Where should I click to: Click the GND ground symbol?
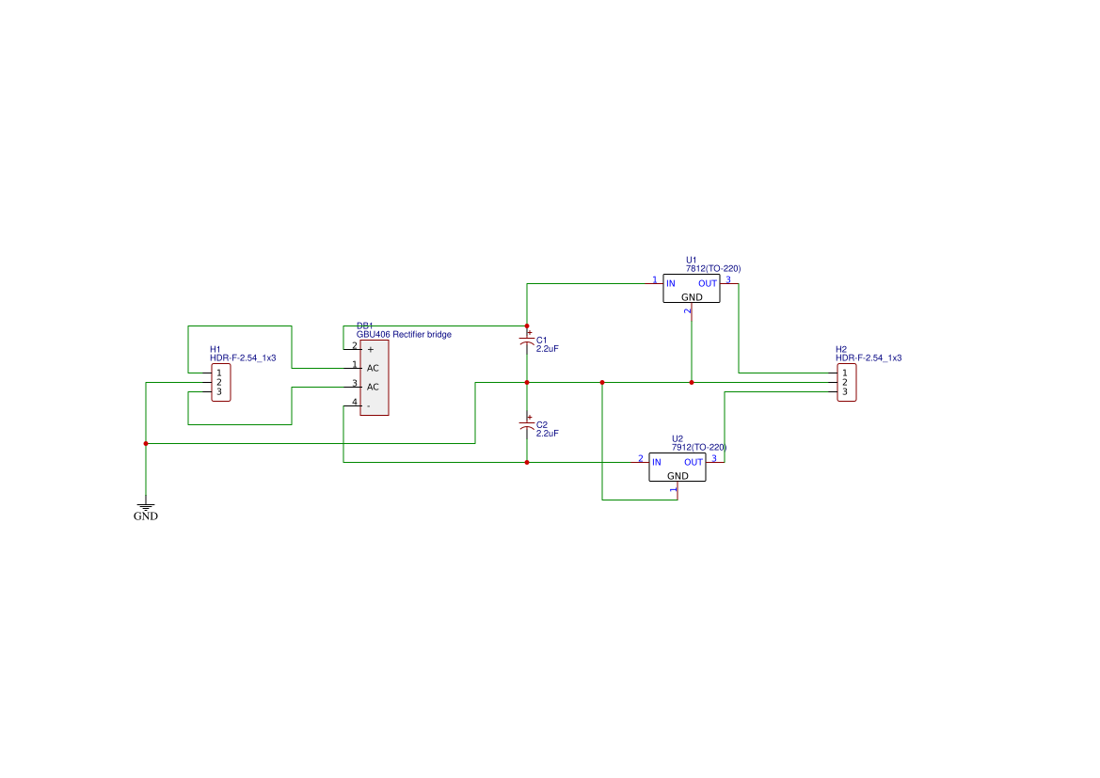tap(146, 507)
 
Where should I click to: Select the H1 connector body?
tap(221, 383)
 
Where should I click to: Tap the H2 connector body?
tap(847, 383)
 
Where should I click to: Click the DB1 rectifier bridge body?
tap(374, 377)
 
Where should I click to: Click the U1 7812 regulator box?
tap(692, 289)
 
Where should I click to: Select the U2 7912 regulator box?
tap(678, 468)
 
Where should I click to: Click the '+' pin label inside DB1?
tap(370, 349)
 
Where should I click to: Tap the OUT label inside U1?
tap(708, 283)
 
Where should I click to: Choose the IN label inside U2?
tap(656, 462)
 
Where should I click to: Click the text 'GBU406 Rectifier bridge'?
tap(404, 335)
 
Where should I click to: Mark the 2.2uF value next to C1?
tap(548, 348)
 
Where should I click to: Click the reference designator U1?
tap(692, 260)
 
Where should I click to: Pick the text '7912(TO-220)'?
tap(699, 447)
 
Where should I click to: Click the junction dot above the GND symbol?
tap(146, 443)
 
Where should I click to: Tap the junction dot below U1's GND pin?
tap(692, 383)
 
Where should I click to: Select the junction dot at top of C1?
tap(527, 325)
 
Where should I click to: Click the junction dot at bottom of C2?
tap(527, 462)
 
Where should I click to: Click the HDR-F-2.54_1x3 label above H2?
tap(869, 358)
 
